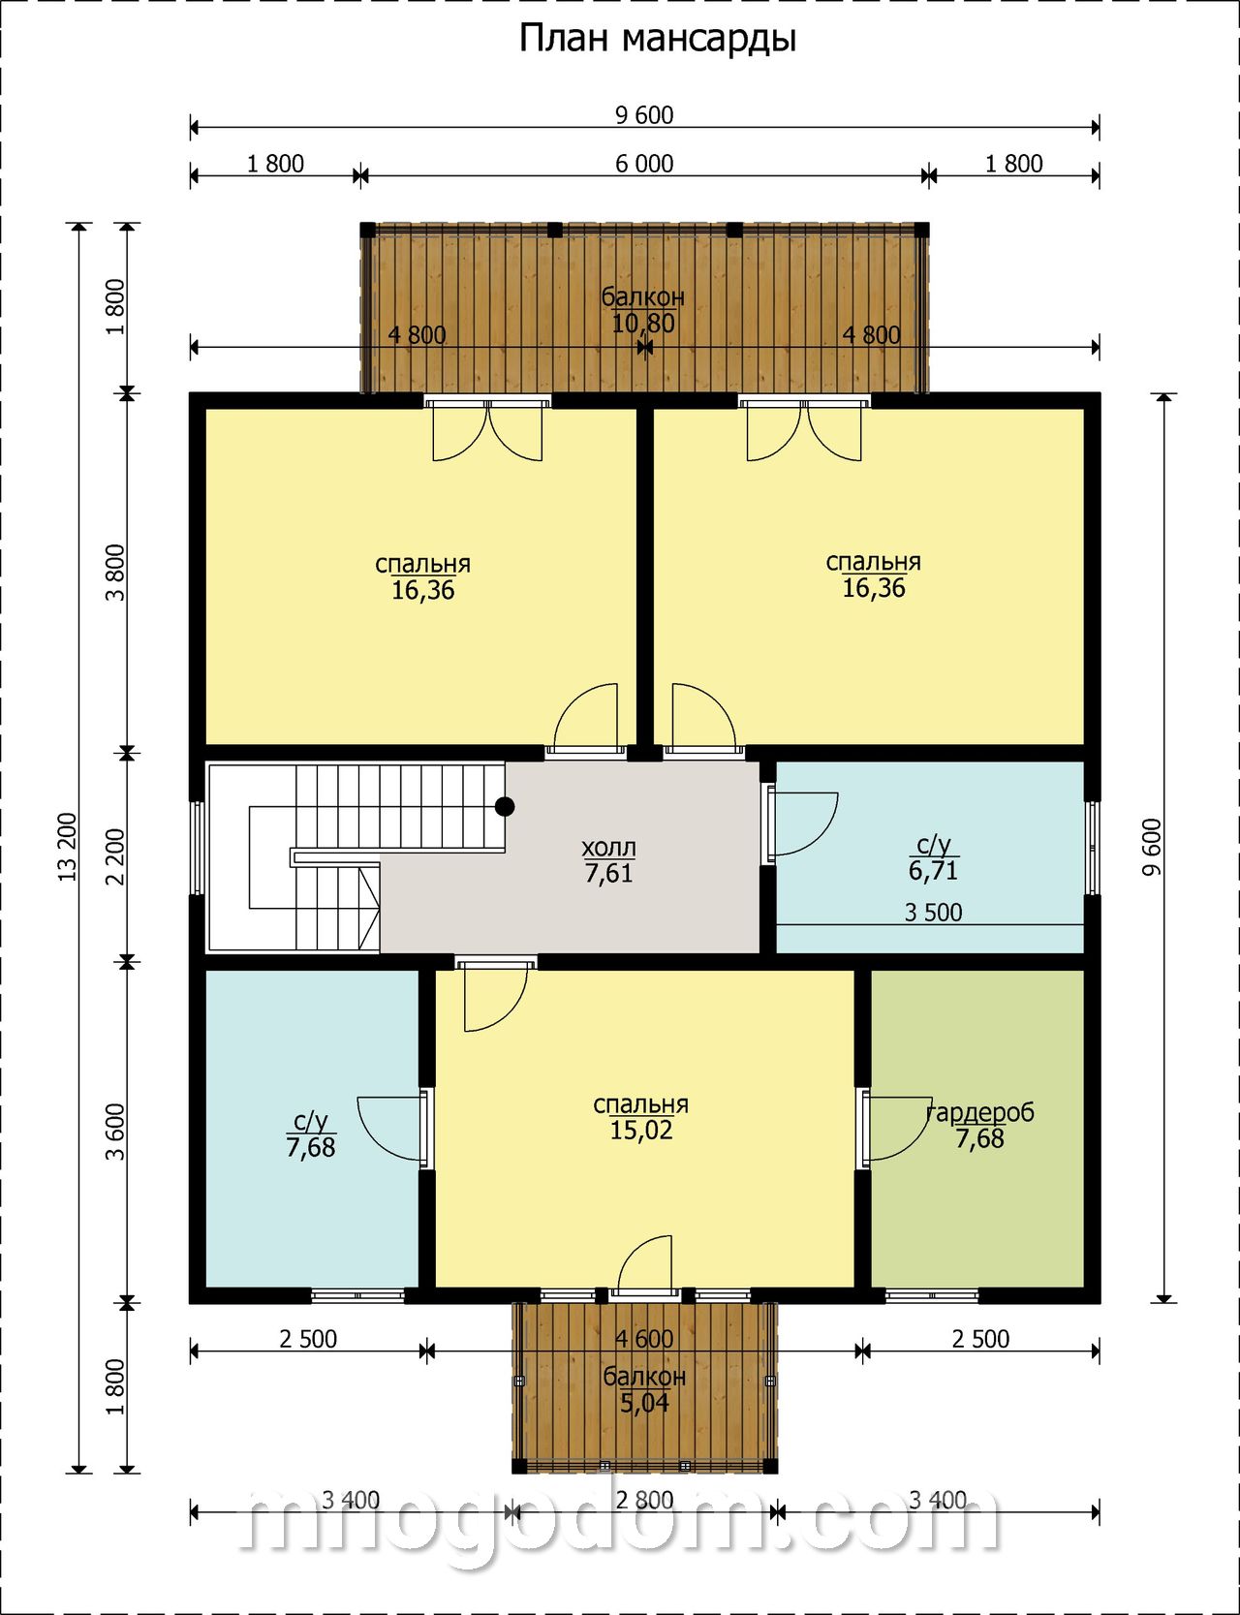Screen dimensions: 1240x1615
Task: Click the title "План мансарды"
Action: [x=658, y=39]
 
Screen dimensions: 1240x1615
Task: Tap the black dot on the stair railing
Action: [x=505, y=805]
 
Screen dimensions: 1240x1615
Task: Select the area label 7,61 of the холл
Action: [x=608, y=873]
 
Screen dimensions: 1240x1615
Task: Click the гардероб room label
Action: [x=980, y=1112]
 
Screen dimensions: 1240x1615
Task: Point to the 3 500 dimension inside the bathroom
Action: [x=933, y=912]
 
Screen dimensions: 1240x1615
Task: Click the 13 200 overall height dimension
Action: [x=67, y=847]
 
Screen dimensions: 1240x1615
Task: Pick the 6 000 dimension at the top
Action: [x=644, y=164]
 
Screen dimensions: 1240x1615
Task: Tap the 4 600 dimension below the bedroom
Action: [x=644, y=1339]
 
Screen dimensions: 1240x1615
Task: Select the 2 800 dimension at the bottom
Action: [x=644, y=1501]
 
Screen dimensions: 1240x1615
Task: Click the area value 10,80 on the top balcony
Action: [x=643, y=323]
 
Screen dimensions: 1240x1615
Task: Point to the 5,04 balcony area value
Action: [x=644, y=1402]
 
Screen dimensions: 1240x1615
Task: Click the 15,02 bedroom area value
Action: [x=641, y=1130]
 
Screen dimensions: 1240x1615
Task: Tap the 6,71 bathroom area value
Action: [x=933, y=870]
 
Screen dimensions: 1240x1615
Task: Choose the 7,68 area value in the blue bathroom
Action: [x=311, y=1147]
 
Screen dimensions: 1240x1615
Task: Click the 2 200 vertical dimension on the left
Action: [x=115, y=856]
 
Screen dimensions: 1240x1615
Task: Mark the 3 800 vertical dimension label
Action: [x=115, y=573]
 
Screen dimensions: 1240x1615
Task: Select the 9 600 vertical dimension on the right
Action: [x=1151, y=848]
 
